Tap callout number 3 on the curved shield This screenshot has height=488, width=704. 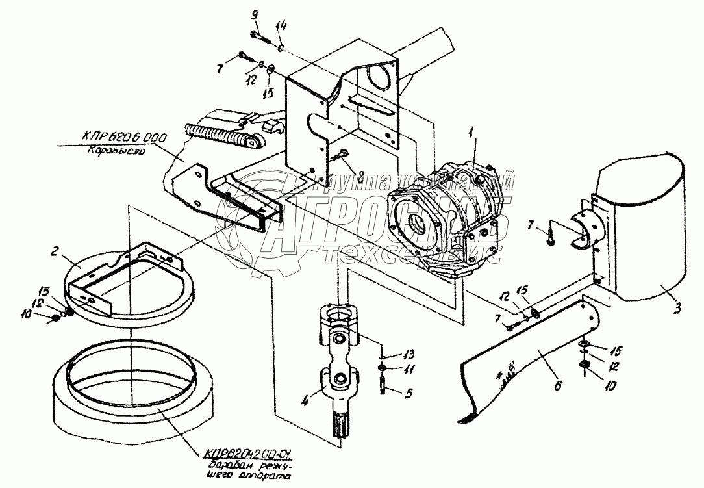point(677,309)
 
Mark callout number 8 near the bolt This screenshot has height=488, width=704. point(361,173)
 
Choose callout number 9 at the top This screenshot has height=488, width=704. point(254,16)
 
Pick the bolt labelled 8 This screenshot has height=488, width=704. point(340,157)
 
